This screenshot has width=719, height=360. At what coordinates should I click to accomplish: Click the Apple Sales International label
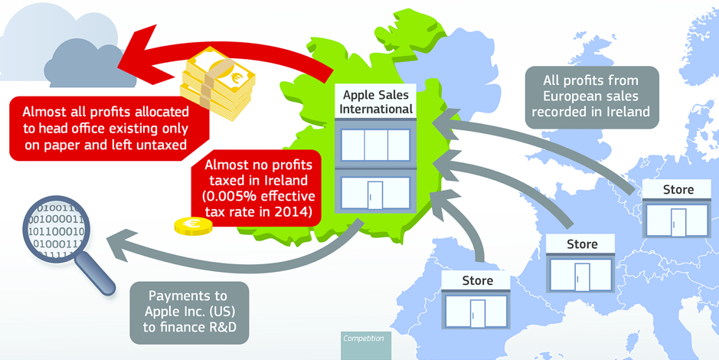pyautogui.click(x=375, y=102)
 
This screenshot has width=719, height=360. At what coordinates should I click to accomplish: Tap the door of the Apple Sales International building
pyautogui.click(x=375, y=195)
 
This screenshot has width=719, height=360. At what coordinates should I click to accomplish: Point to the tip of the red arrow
pyautogui.click(x=119, y=65)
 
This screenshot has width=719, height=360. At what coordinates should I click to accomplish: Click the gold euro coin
pyautogui.click(x=193, y=226)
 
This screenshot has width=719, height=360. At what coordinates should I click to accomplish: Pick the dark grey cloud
pyautogui.click(x=87, y=64)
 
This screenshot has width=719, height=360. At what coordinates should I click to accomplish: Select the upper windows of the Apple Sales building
pyautogui.click(x=375, y=145)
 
